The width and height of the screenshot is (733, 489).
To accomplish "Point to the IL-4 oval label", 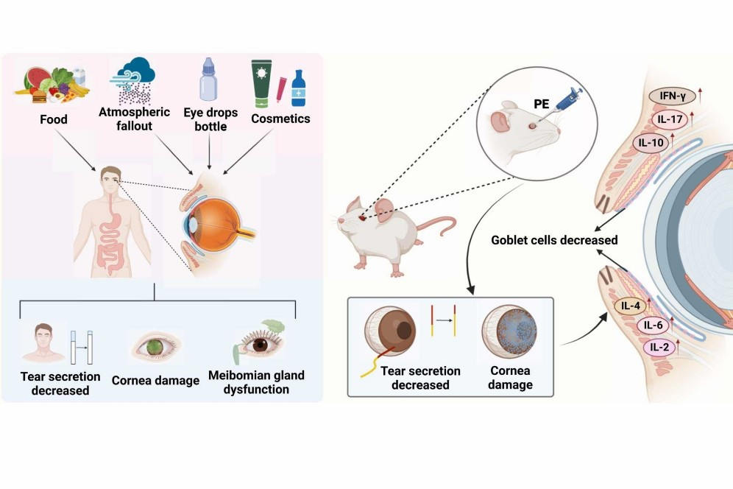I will tap(630, 306).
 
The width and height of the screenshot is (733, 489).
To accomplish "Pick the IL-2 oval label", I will tap(658, 346).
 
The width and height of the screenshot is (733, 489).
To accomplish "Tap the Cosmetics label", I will tap(280, 119).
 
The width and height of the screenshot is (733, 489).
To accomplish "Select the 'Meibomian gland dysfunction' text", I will tap(255, 381).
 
